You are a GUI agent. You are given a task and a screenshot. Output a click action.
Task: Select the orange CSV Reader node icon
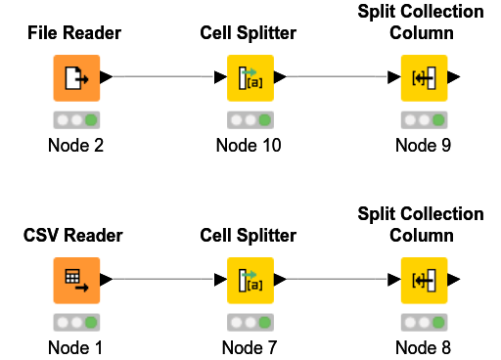[x=75, y=279]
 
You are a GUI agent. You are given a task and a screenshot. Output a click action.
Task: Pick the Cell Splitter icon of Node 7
[x=250, y=279]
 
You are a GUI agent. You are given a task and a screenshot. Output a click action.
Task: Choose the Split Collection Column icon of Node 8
[x=424, y=279]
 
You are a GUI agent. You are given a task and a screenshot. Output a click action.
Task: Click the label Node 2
[x=75, y=146]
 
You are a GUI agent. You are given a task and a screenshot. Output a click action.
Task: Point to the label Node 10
[x=250, y=146]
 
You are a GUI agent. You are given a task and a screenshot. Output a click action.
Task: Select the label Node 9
[x=424, y=146]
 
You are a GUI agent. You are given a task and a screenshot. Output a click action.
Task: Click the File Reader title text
[x=75, y=33]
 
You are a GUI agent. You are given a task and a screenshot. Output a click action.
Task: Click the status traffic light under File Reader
[x=75, y=120]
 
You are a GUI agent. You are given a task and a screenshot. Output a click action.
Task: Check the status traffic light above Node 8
[x=424, y=321]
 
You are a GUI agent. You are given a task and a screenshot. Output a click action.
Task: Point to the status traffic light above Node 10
[x=250, y=120]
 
